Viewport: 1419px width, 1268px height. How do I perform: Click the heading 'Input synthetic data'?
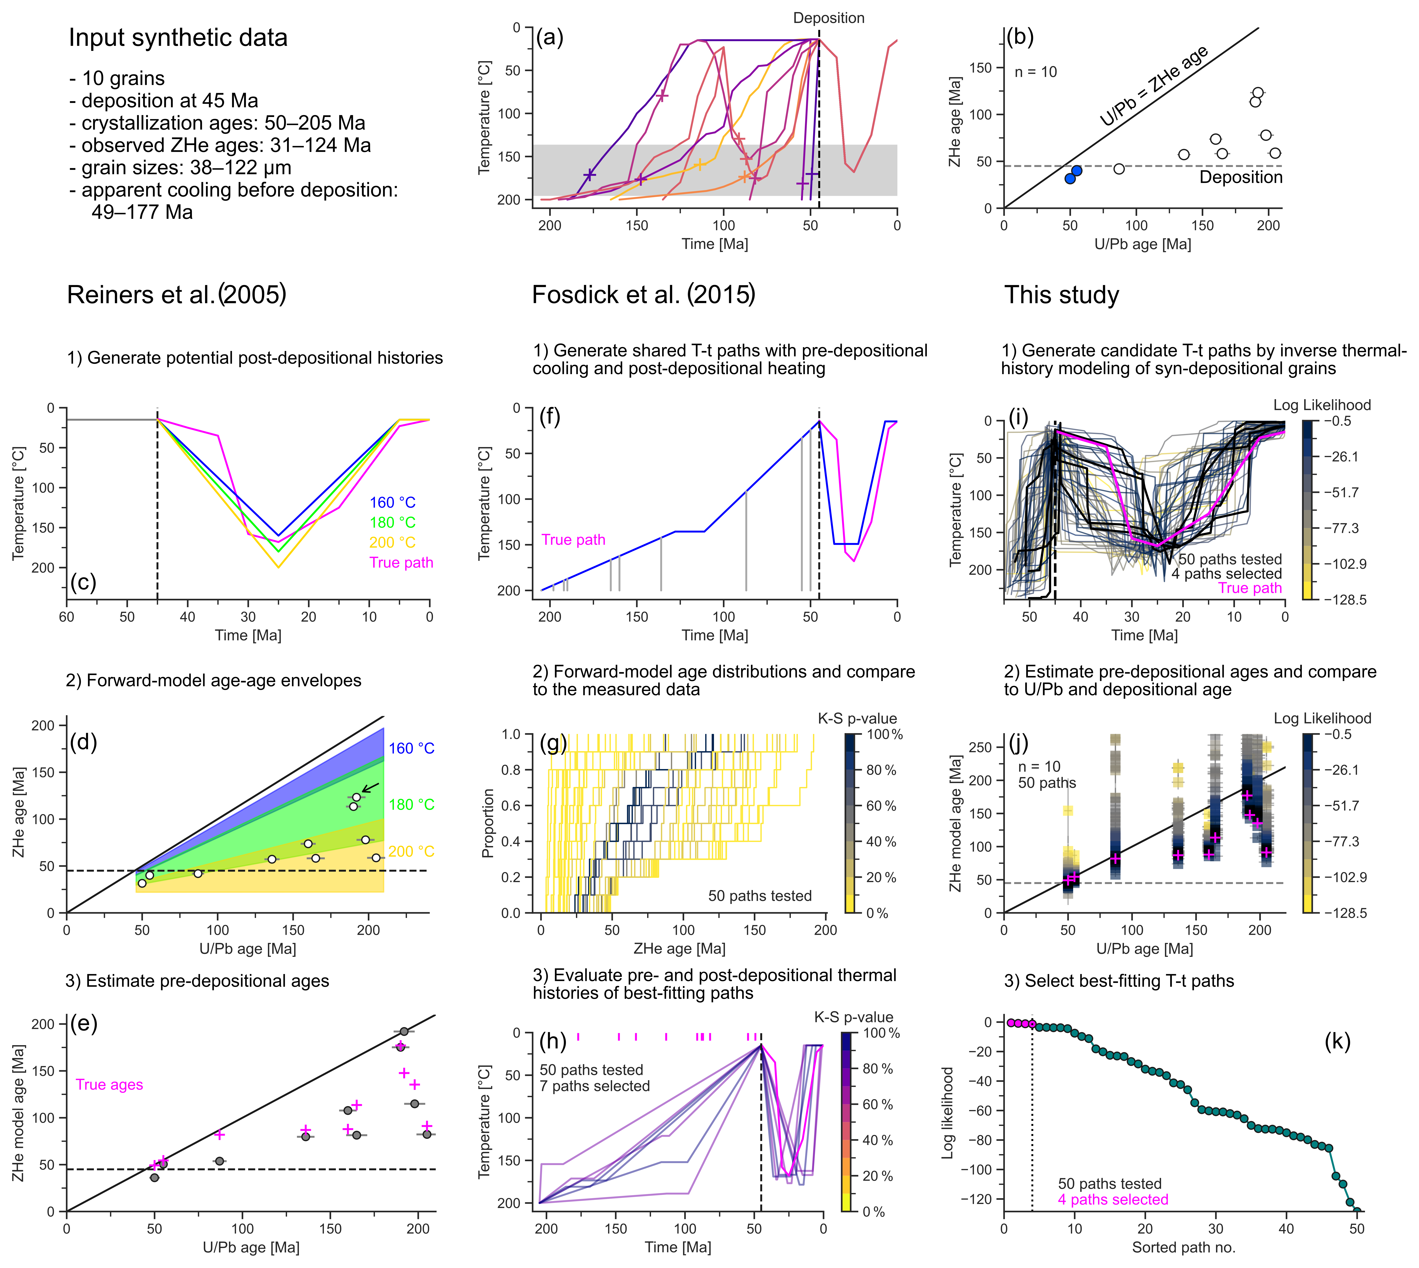tap(178, 38)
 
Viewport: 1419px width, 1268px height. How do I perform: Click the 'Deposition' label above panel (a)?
tap(829, 18)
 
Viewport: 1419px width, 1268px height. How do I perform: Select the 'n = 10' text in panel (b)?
tap(1036, 72)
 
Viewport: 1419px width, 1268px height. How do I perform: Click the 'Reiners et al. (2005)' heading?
tap(176, 295)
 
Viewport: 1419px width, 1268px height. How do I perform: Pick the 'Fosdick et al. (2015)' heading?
tap(643, 295)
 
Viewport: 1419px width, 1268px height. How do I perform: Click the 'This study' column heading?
tap(1061, 295)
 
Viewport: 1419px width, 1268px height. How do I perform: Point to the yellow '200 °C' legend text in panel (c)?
tap(392, 542)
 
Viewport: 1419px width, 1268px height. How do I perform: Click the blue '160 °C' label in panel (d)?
tap(411, 748)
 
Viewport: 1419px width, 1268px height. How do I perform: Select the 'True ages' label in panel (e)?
tap(109, 1085)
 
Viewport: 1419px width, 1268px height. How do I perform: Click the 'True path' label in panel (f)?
tap(574, 540)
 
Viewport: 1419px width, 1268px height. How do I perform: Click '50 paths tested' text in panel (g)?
tap(760, 896)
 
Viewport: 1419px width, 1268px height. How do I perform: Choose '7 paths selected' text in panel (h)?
tap(595, 1086)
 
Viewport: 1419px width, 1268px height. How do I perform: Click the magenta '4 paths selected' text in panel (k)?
tap(1113, 1200)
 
